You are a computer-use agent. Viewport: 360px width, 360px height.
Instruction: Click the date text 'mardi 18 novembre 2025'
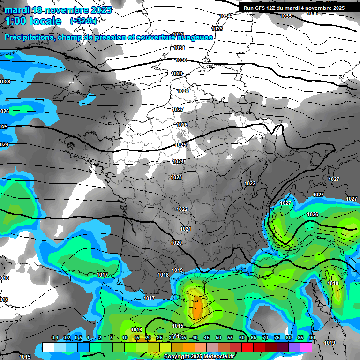tap(58, 10)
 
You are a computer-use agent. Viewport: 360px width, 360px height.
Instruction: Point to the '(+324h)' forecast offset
tap(83, 21)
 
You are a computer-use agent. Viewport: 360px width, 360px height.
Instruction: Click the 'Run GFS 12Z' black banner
tap(294, 7)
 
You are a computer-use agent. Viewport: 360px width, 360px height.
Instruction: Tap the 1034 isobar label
tap(225, 16)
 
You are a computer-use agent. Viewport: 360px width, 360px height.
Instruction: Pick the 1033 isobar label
tap(217, 29)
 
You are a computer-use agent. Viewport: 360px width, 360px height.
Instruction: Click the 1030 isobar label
tap(181, 60)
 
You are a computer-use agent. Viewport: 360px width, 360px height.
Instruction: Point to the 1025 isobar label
tap(180, 145)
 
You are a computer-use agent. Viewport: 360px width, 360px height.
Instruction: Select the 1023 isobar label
tap(176, 177)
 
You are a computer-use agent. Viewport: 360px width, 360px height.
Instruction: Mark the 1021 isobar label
tap(186, 229)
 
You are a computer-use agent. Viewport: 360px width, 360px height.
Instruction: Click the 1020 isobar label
tap(176, 243)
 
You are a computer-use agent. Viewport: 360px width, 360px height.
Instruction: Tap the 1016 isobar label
tap(136, 330)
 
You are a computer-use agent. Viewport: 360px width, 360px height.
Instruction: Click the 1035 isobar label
tap(285, 16)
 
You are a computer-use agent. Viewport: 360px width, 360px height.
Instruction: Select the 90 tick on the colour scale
tap(312, 337)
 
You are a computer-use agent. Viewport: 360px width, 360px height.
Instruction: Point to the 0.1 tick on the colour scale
tap(54, 337)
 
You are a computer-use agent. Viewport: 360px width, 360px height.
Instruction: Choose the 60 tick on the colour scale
tap(242, 337)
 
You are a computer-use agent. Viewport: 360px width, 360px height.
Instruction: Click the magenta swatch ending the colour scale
tap(306, 347)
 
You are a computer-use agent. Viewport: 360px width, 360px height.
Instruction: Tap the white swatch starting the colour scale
tap(48, 347)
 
